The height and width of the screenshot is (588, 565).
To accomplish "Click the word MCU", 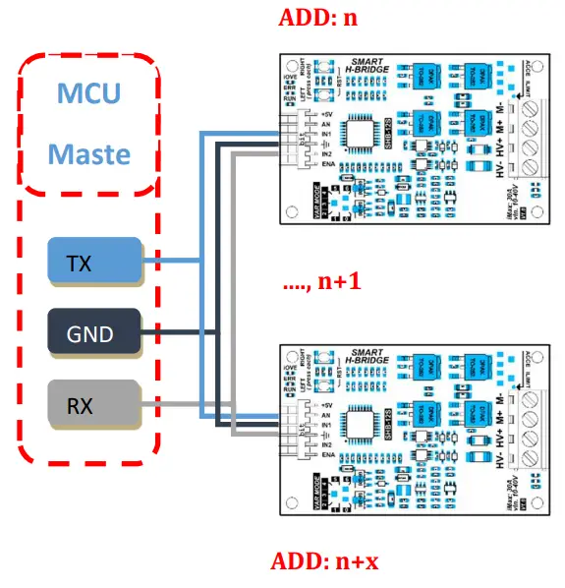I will coord(89,95).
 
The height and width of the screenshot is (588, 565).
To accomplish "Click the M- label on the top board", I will coord(498,105).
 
